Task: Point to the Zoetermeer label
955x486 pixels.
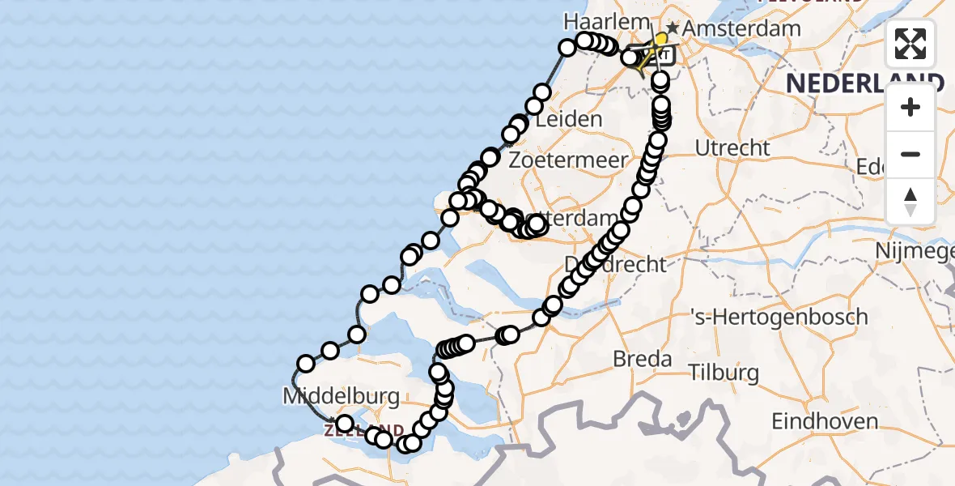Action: (x=568, y=160)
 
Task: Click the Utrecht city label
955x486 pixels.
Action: (x=732, y=147)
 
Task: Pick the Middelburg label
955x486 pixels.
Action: (x=341, y=396)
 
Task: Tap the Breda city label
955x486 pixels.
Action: (x=643, y=358)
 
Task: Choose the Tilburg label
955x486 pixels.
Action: (x=724, y=373)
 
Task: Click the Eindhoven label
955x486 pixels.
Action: (x=825, y=421)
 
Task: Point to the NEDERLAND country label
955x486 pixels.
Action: (x=864, y=83)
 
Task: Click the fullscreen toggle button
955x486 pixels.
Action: (x=910, y=44)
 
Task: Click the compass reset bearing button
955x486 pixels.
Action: (x=910, y=202)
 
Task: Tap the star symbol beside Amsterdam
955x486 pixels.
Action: (x=673, y=28)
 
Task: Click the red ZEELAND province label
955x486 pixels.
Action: (x=364, y=430)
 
